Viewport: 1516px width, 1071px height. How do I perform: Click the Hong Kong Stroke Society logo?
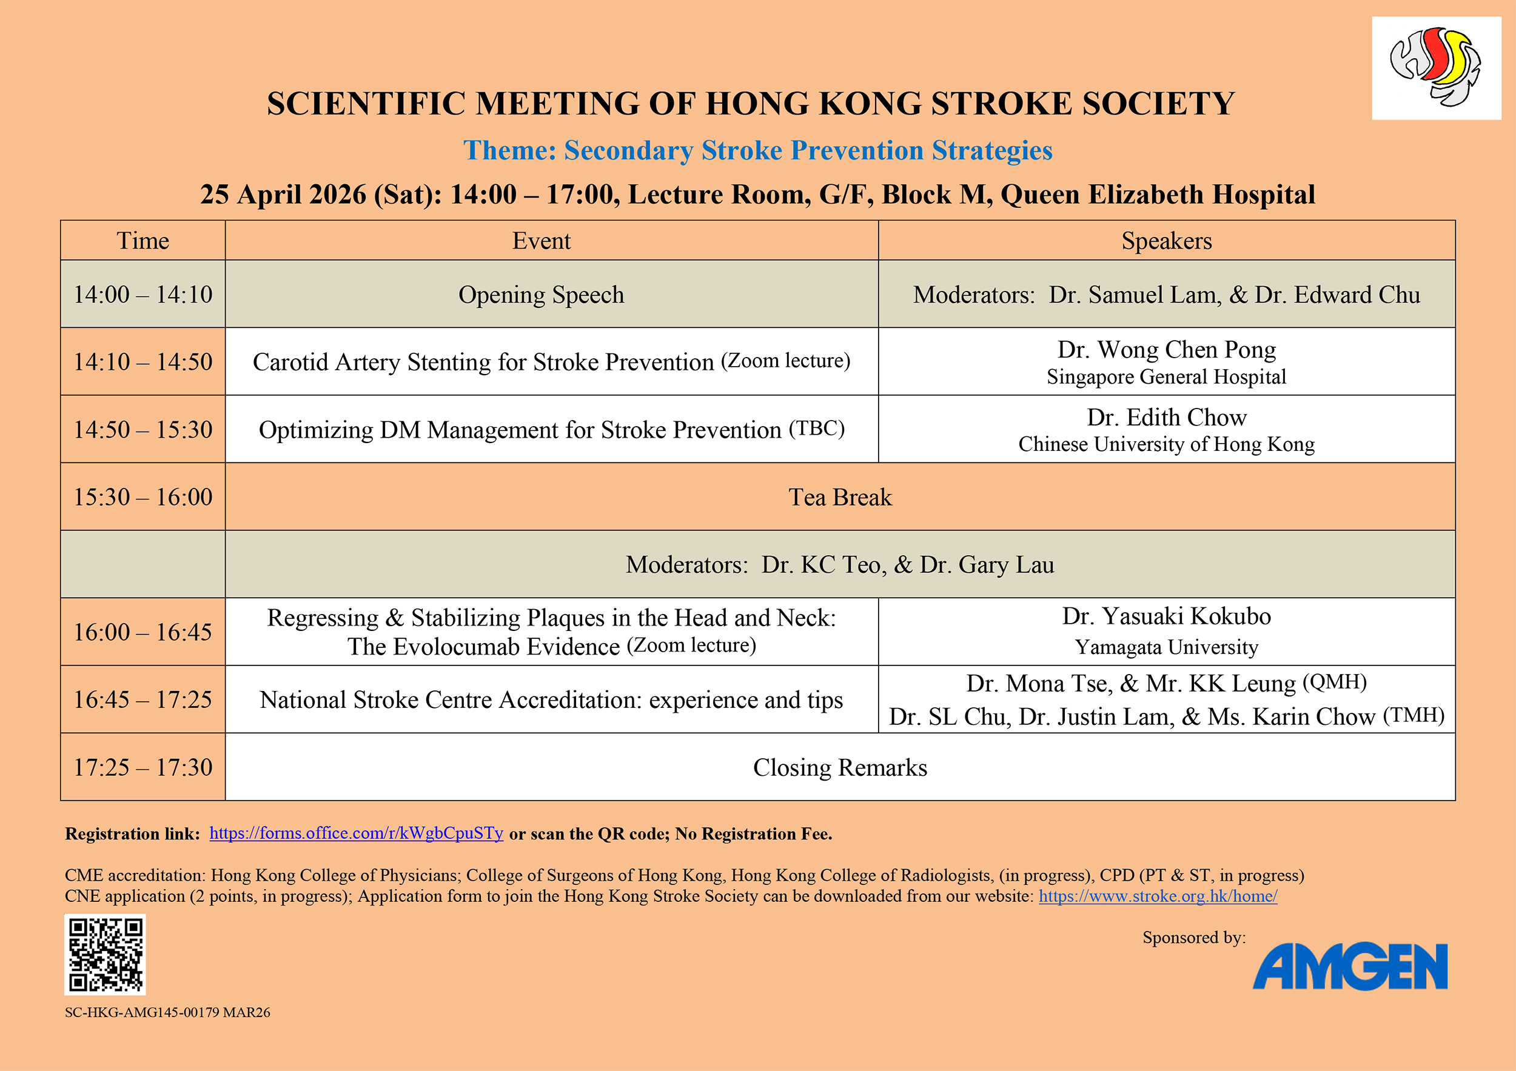point(1436,68)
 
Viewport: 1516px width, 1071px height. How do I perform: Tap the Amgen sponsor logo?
point(1350,966)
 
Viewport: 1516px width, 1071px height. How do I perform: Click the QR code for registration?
point(105,954)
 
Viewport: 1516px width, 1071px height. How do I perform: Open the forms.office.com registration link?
point(357,833)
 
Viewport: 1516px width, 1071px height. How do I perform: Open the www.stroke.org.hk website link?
point(1158,895)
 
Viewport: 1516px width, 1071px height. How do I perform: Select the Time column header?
point(143,240)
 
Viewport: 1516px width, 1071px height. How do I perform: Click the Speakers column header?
point(1167,240)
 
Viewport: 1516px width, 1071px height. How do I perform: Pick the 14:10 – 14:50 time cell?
point(143,362)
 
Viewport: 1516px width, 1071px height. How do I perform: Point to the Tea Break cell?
point(840,497)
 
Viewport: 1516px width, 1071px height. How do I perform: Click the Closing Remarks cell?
point(840,767)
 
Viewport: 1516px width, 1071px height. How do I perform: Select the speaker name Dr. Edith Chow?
point(1167,417)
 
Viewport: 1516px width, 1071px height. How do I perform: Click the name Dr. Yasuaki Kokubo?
point(1167,616)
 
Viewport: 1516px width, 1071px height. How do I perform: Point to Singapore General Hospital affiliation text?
point(1167,377)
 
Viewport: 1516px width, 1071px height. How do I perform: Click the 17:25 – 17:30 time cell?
point(143,767)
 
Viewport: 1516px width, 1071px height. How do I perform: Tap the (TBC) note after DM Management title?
point(817,429)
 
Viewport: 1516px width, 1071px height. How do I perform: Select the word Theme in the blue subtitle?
point(509,150)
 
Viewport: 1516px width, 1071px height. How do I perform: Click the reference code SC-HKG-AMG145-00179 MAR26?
point(168,1012)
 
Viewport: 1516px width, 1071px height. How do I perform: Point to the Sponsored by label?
point(1195,938)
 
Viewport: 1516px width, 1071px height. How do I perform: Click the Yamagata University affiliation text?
point(1167,647)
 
